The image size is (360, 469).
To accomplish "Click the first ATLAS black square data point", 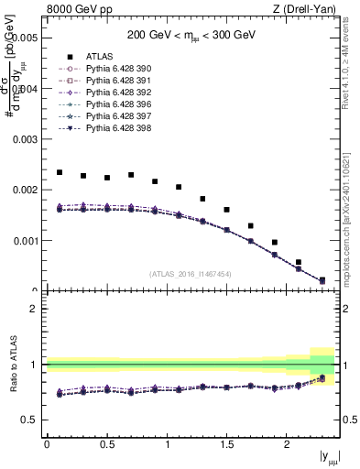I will pyautogui.click(x=59, y=172).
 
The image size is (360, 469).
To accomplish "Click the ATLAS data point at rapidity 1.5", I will pyautogui.click(x=226, y=210).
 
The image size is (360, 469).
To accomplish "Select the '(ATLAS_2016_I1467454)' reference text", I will pyautogui.click(x=191, y=274).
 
